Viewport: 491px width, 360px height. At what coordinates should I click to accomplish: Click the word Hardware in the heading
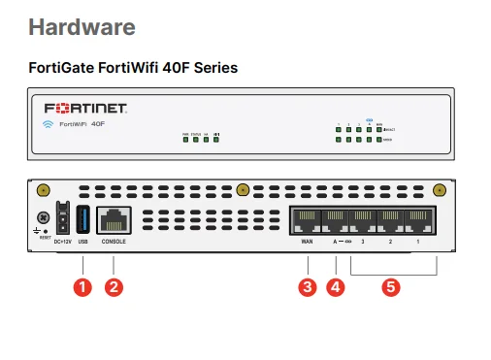[x=82, y=26]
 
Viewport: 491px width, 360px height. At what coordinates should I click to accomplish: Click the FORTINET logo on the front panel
[x=88, y=107]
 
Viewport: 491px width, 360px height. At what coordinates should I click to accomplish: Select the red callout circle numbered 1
[x=82, y=286]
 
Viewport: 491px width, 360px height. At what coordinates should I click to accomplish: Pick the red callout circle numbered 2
[x=114, y=286]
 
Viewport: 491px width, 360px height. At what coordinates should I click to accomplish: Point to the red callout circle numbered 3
[x=308, y=286]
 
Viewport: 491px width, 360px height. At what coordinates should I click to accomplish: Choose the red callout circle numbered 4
[x=336, y=286]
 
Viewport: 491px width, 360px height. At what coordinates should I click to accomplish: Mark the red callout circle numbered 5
[x=391, y=286]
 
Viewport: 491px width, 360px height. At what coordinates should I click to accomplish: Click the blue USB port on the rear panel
[x=82, y=219]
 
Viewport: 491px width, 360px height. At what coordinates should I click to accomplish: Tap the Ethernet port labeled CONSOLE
[x=115, y=220]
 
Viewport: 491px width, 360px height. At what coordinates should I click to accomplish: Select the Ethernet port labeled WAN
[x=307, y=219]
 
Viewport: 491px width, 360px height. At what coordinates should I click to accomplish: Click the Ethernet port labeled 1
[x=418, y=219]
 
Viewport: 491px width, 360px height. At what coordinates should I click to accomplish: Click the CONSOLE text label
[x=115, y=241]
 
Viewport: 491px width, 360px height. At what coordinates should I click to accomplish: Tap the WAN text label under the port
[x=307, y=241]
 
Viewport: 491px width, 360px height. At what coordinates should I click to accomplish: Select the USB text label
[x=82, y=241]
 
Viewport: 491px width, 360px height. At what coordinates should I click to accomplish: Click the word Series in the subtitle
[x=214, y=68]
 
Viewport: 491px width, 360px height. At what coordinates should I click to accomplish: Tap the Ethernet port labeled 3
[x=363, y=219]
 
